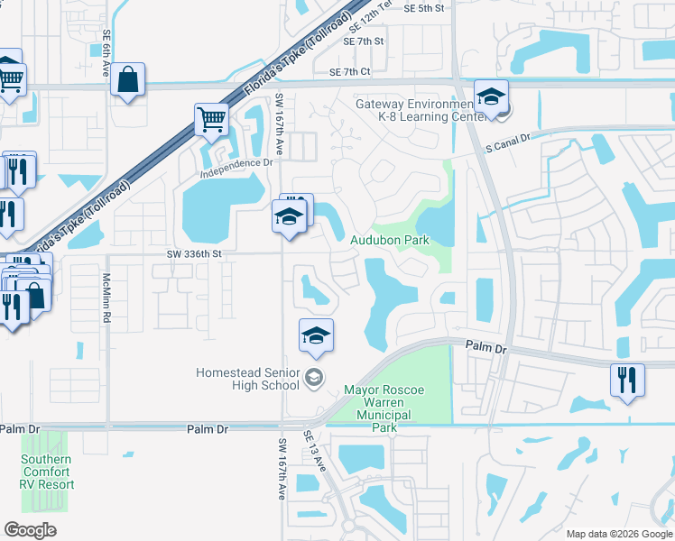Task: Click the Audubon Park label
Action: click(389, 241)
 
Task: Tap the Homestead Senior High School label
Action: click(248, 379)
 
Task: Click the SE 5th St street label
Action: click(425, 8)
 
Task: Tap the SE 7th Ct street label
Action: click(350, 72)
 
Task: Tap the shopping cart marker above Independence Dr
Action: click(211, 118)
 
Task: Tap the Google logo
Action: click(30, 529)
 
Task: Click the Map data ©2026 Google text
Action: click(618, 534)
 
